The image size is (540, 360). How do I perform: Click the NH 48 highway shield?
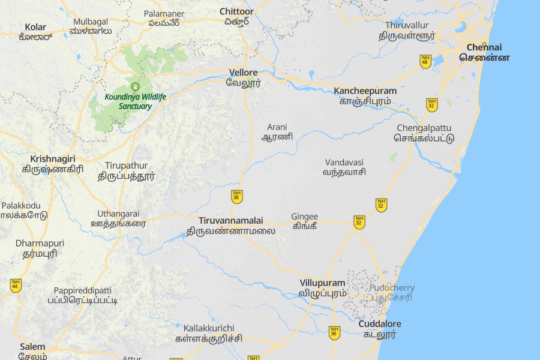pyautogui.click(x=425, y=61)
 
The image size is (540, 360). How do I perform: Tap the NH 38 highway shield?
pyautogui.click(x=237, y=196)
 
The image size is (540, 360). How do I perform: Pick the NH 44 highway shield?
pyautogui.click(x=16, y=286)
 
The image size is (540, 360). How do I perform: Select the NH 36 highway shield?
pyautogui.click(x=334, y=332)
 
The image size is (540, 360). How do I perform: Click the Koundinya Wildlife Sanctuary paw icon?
pyautogui.click(x=135, y=86)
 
